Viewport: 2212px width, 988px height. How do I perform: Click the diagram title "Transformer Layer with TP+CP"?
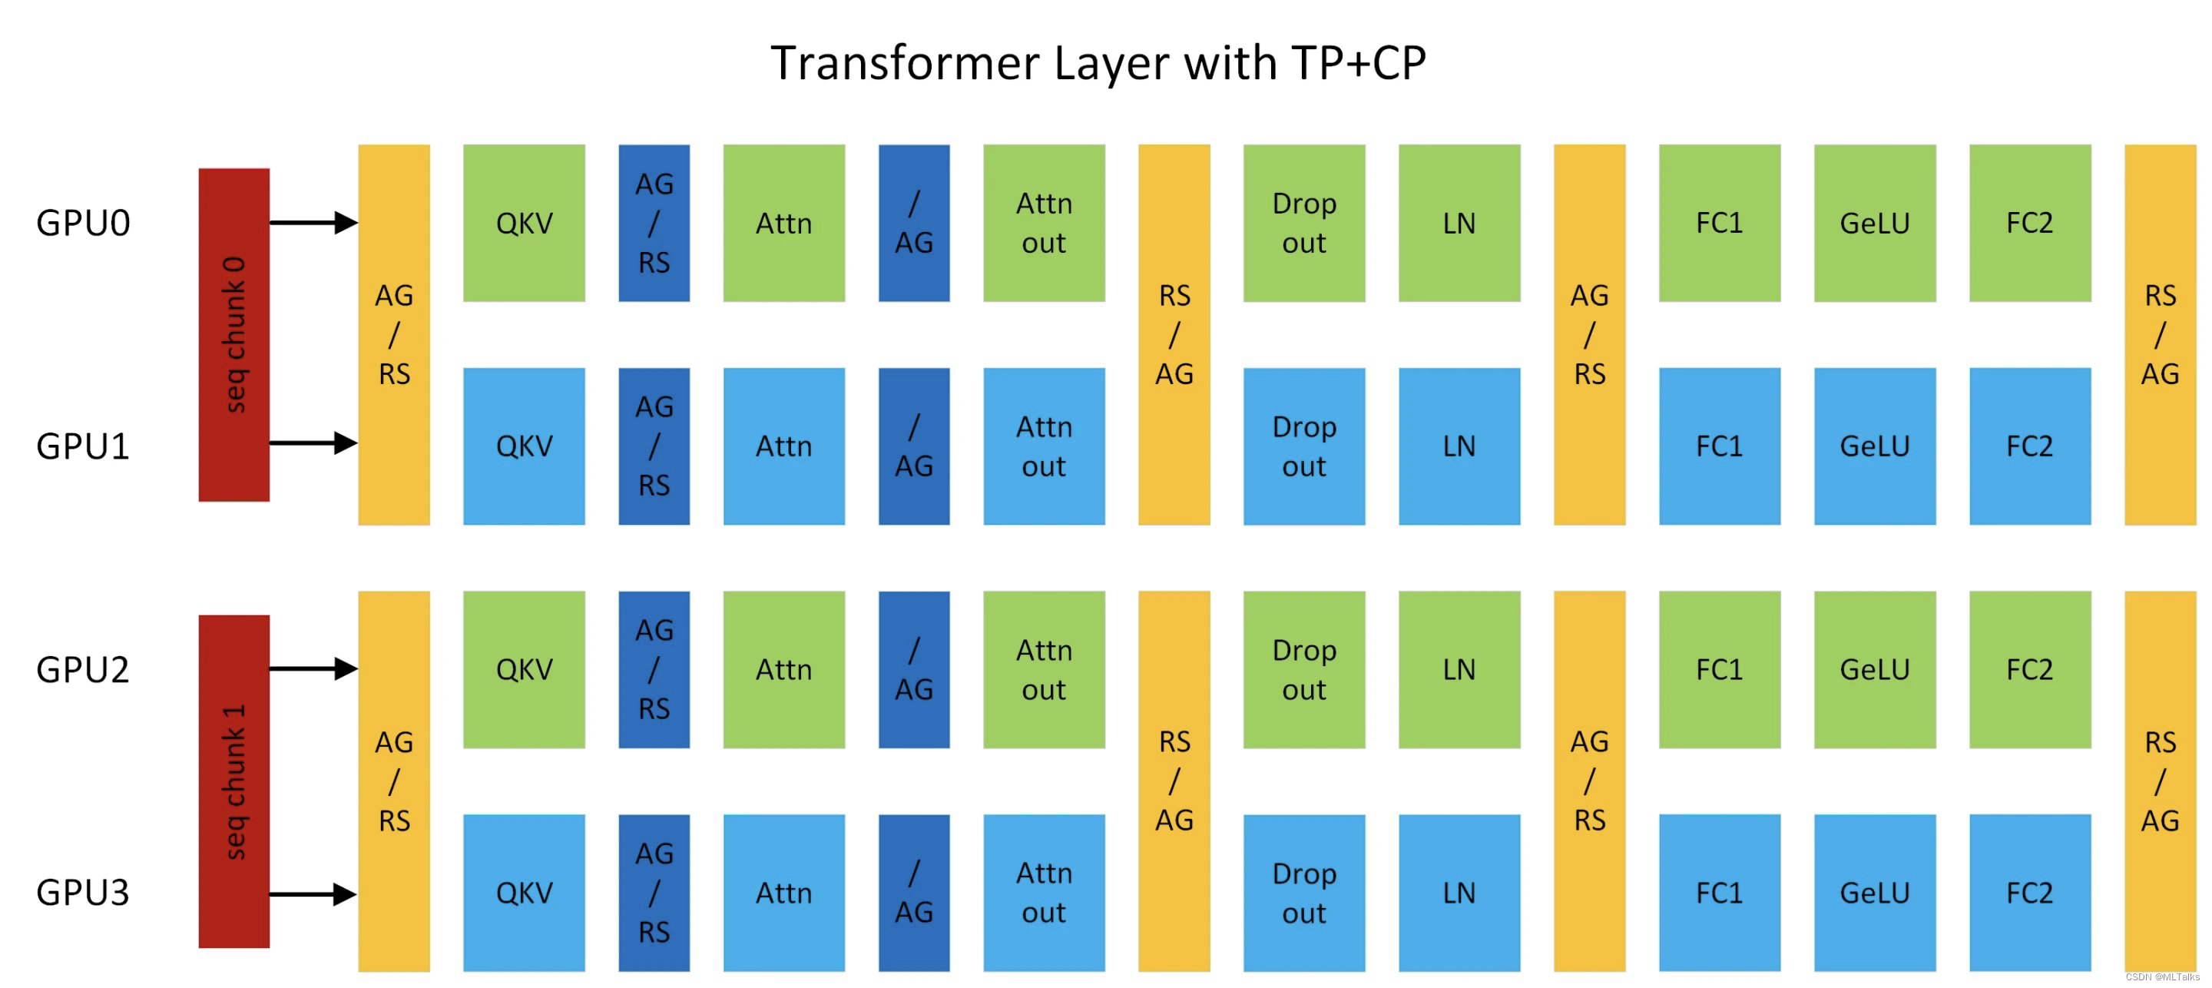click(1098, 63)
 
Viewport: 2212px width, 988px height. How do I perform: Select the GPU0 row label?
click(82, 224)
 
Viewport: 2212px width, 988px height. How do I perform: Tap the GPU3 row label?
click(82, 893)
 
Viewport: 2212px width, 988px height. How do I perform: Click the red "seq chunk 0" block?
click(233, 334)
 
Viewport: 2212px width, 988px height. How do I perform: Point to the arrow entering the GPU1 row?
click(313, 443)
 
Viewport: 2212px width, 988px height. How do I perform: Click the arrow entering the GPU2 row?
click(313, 668)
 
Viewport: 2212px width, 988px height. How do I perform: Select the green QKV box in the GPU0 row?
click(524, 224)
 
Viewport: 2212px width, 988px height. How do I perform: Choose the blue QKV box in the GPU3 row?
click(524, 893)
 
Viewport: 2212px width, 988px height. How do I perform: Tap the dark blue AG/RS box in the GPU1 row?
click(654, 446)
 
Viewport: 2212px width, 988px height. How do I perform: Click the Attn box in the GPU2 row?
click(783, 669)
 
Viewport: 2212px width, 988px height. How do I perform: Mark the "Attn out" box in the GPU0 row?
click(1043, 224)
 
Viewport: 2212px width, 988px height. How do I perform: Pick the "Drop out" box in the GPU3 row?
click(1303, 893)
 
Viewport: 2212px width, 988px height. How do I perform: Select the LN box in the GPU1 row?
click(1459, 446)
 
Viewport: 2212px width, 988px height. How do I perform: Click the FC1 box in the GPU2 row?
click(1719, 669)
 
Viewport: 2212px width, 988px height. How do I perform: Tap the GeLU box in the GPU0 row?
click(1875, 224)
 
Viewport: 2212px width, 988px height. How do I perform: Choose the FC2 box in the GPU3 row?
click(2029, 893)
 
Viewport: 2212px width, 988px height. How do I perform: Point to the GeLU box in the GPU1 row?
click(1875, 446)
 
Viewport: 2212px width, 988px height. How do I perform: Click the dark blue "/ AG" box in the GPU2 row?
click(914, 669)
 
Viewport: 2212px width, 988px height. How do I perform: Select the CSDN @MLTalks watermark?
click(2161, 976)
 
